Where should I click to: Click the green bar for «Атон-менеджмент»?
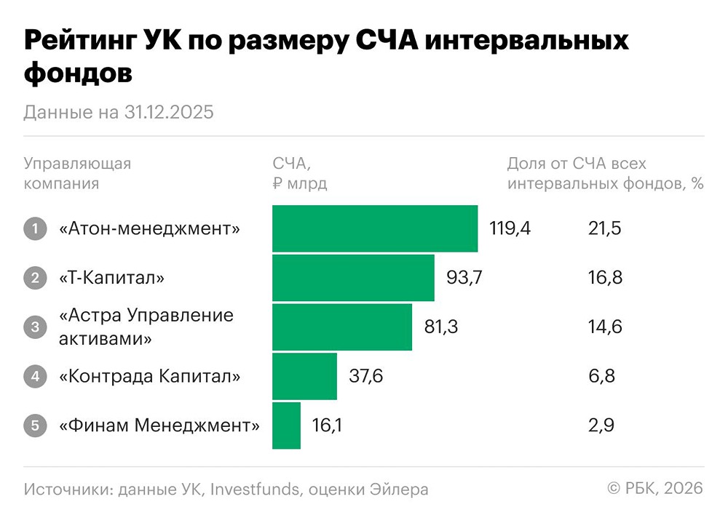click(x=375, y=228)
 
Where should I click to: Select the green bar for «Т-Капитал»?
click(x=353, y=277)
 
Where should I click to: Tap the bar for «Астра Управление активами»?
click(x=342, y=327)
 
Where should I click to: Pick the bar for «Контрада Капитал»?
click(x=304, y=376)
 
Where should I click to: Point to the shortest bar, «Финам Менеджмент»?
click(x=286, y=425)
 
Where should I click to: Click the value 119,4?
click(x=510, y=228)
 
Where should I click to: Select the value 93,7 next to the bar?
click(x=464, y=277)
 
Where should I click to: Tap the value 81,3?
click(x=440, y=327)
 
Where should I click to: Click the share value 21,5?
click(x=605, y=228)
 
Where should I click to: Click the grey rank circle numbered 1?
click(x=34, y=228)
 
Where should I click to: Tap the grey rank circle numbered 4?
click(x=34, y=376)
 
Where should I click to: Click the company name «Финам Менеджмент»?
click(x=159, y=425)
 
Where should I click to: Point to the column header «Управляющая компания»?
click(x=77, y=173)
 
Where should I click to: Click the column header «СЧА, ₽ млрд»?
click(x=299, y=173)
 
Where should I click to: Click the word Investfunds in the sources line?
click(x=254, y=489)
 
